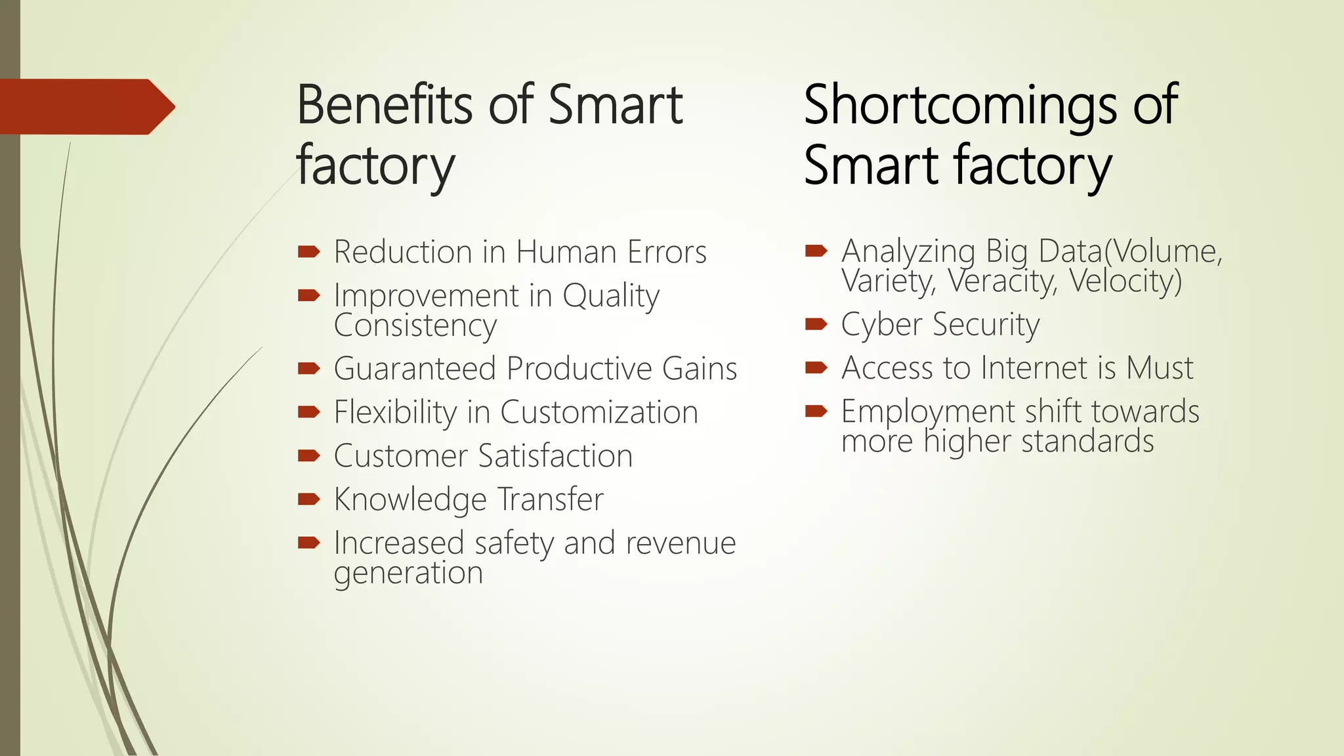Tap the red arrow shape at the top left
85,106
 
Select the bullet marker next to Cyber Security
816,324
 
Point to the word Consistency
415,326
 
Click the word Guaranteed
415,369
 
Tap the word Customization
598,413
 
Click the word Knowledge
410,500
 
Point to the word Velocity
1125,282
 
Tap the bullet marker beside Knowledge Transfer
308,499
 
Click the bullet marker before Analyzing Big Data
816,250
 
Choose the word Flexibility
395,413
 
